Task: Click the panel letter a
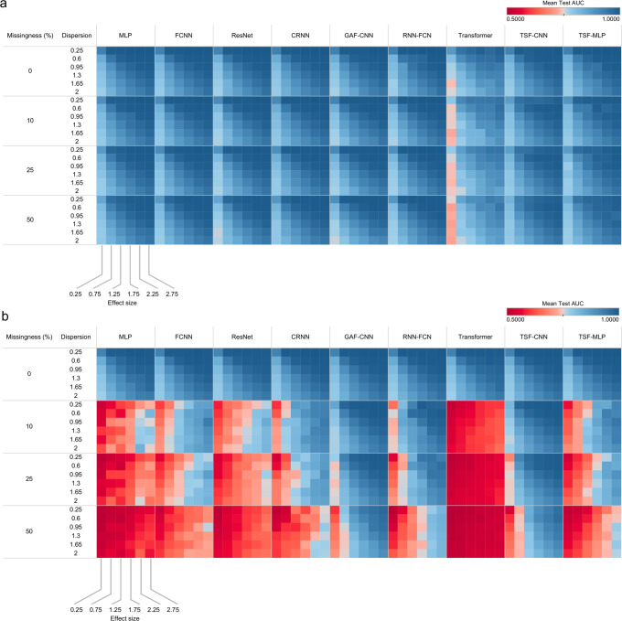pos(5,5)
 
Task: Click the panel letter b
pos(5,316)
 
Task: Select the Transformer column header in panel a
pos(475,34)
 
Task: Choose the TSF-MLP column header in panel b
pos(591,337)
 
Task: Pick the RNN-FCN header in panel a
pos(416,34)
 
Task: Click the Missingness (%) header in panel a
pos(29,34)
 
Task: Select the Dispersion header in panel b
pos(76,337)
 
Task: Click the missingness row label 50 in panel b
pos(29,522)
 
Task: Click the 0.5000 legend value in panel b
pos(518,320)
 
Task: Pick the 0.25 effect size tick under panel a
pos(75,293)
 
